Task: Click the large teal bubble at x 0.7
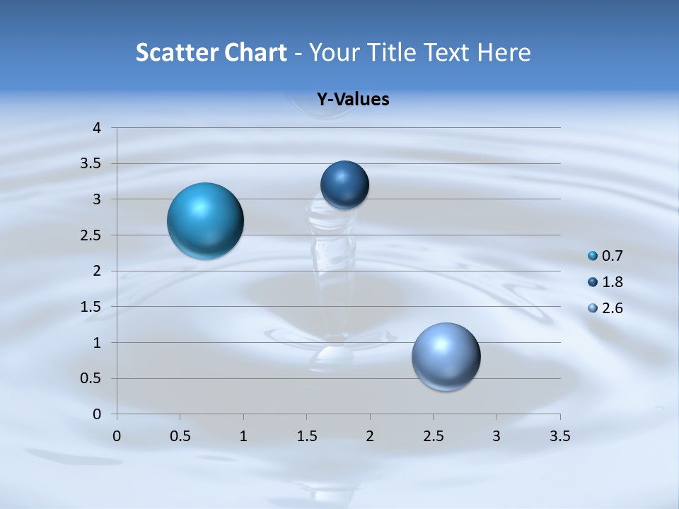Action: pos(205,221)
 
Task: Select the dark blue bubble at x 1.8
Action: pos(344,185)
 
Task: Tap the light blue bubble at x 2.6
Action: pos(446,356)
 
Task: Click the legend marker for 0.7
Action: pos(593,256)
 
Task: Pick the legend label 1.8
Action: pos(612,282)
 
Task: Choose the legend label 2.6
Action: pos(612,308)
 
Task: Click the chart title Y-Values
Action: pos(353,100)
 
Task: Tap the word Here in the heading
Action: pos(504,52)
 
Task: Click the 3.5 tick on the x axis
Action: pos(559,436)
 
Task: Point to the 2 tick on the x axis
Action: pos(370,436)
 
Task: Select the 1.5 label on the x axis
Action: pos(306,436)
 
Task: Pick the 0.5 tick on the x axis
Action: pos(180,436)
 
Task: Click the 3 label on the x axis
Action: pos(497,436)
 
